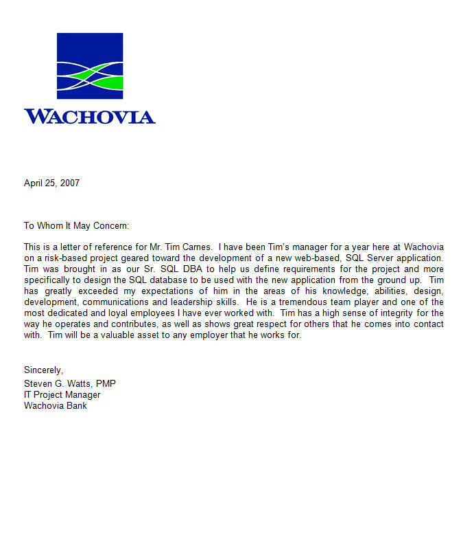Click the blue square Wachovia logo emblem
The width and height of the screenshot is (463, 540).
point(90,66)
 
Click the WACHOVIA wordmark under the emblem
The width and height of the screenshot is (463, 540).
point(90,116)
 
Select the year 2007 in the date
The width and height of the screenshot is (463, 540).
point(69,183)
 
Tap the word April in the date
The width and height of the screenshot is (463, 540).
point(34,183)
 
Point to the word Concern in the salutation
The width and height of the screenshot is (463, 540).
point(110,226)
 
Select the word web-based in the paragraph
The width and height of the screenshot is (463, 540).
point(320,258)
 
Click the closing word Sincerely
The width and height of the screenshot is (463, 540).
point(43,370)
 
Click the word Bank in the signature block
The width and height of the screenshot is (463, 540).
point(76,405)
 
